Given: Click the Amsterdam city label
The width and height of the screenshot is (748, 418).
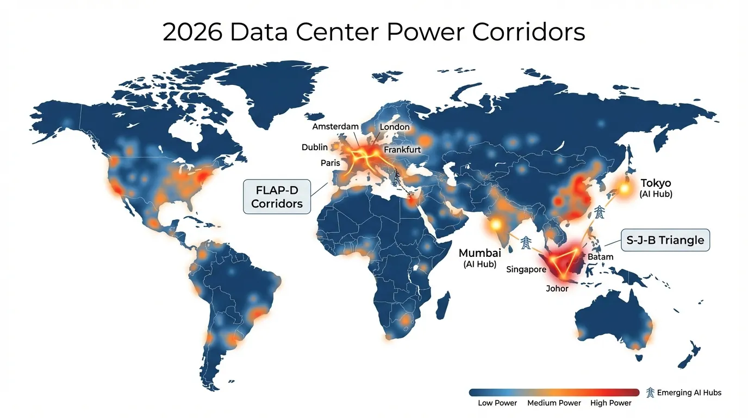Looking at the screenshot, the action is (335, 127).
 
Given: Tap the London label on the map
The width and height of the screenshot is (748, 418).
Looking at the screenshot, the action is (395, 127).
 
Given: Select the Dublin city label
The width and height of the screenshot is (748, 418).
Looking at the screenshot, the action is (315, 147).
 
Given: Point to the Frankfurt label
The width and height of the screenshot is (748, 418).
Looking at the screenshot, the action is (402, 150).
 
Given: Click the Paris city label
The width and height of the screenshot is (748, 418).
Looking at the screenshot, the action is (331, 163).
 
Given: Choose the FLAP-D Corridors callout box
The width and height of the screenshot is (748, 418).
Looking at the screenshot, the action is (277, 196).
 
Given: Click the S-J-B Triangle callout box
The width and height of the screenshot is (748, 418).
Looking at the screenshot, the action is (665, 240).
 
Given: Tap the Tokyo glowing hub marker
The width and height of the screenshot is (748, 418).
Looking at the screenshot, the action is (624, 189).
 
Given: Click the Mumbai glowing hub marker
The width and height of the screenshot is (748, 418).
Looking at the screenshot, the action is (496, 224).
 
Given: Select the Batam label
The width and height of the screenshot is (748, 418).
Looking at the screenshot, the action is (600, 257).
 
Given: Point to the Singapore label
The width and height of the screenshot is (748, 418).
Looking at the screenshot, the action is (526, 269).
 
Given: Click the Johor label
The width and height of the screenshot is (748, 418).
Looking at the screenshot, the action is (557, 288).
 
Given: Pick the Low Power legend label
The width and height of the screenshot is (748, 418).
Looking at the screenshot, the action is (497, 403).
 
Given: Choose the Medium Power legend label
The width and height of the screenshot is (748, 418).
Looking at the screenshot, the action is (554, 403).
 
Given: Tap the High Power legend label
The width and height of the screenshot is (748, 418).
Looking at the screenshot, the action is (611, 403).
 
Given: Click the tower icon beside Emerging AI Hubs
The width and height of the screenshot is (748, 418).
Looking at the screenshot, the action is (650, 392).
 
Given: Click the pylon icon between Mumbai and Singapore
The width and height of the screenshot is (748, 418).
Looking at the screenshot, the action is (526, 243).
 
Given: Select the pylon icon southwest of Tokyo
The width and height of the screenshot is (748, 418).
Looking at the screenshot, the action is (600, 212).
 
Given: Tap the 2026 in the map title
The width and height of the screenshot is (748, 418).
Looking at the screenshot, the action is (192, 32).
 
